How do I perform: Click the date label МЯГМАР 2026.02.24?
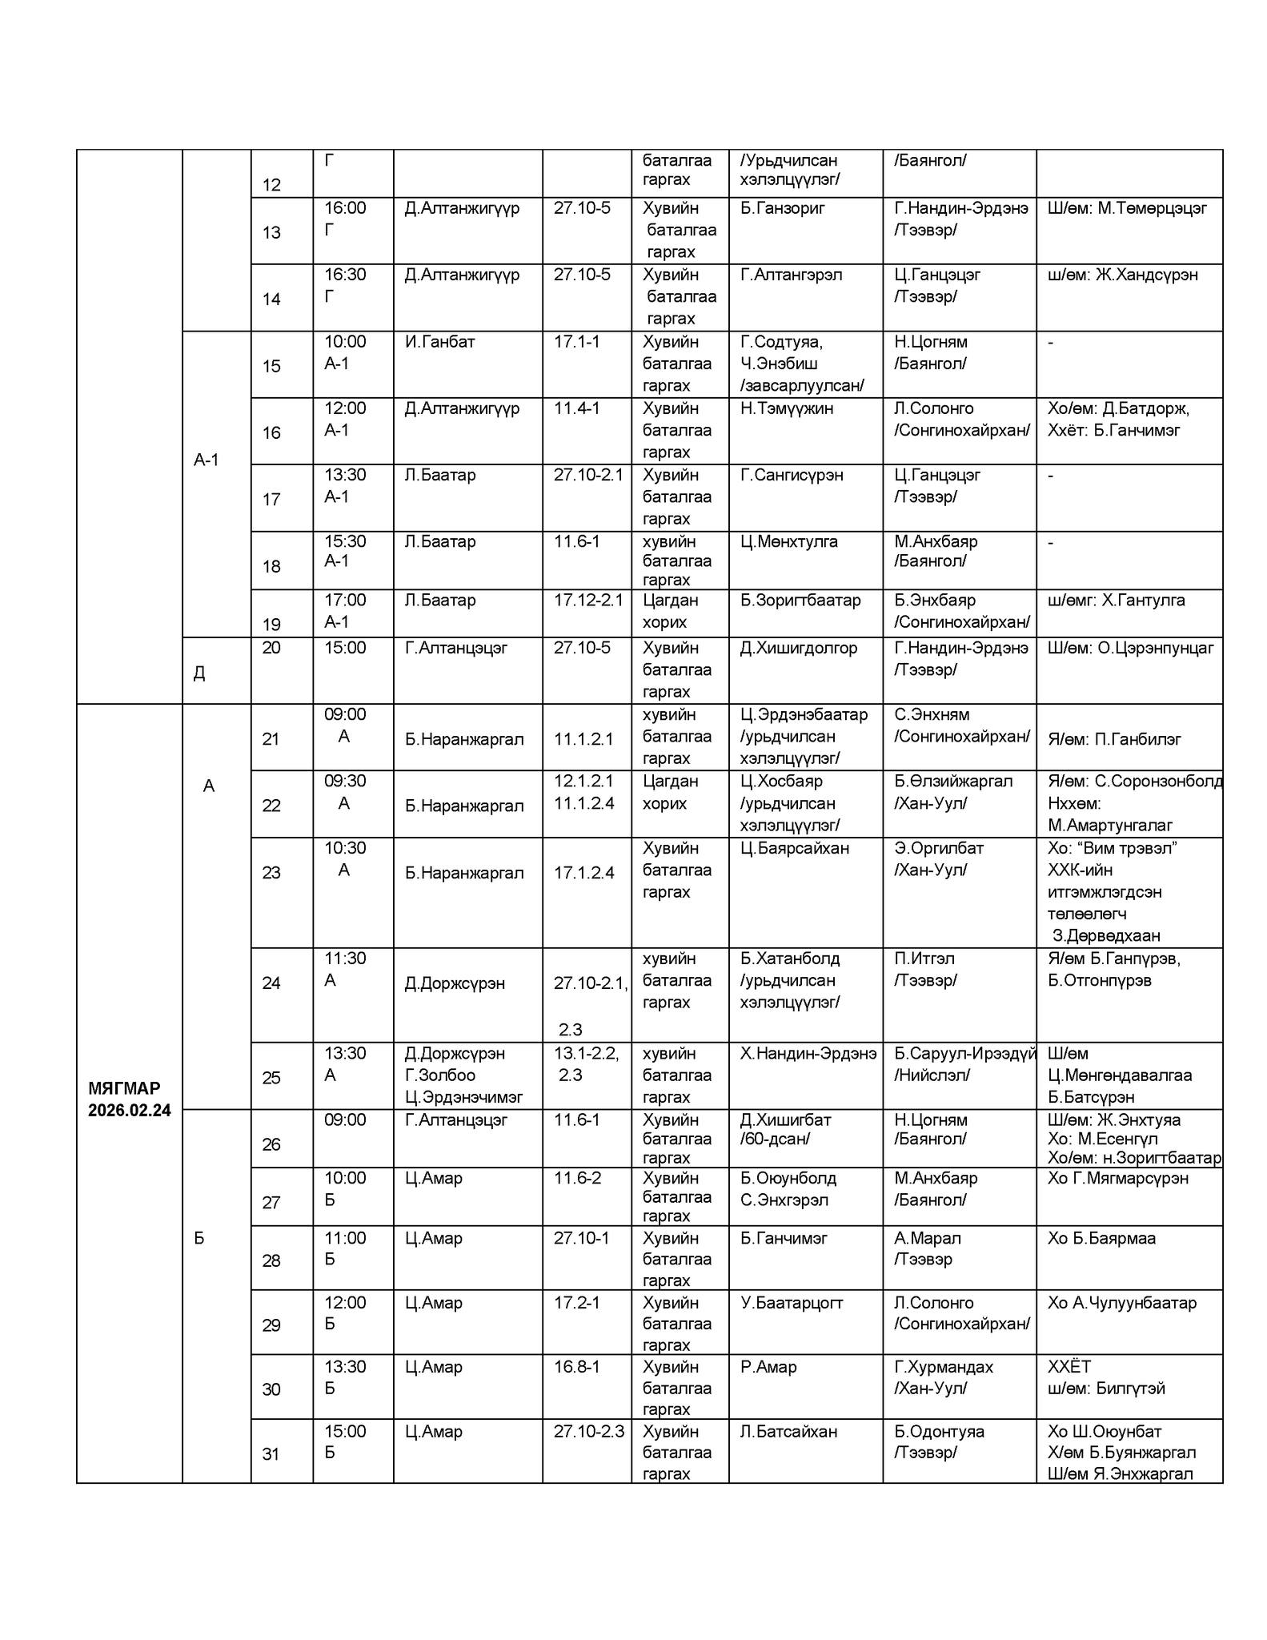point(129,1099)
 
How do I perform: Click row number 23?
point(271,872)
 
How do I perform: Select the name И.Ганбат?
point(439,342)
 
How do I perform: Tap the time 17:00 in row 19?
point(345,600)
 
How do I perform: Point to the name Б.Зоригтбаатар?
point(800,600)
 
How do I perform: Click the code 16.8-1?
point(576,1366)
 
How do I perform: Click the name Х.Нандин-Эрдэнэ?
point(808,1053)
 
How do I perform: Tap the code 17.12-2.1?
point(587,600)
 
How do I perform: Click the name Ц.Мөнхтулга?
point(788,541)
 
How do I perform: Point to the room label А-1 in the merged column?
point(206,460)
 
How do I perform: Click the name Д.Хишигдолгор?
point(798,647)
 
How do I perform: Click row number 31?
point(271,1453)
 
